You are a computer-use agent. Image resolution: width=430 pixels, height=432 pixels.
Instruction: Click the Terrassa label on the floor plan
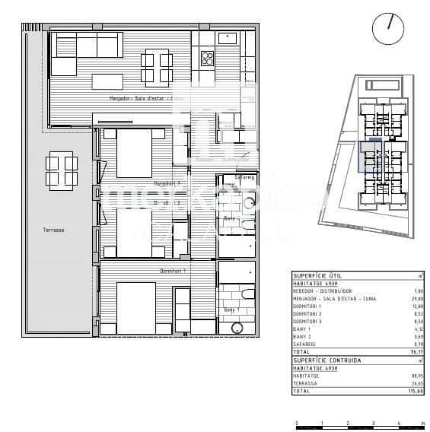tap(54, 228)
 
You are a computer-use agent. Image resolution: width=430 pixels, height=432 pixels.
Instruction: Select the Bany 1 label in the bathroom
tap(231, 310)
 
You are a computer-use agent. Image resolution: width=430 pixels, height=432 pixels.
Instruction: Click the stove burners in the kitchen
tap(207, 58)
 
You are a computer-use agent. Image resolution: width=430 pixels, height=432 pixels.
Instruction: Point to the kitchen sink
tap(228, 37)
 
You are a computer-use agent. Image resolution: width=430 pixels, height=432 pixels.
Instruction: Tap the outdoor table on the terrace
tap(62, 170)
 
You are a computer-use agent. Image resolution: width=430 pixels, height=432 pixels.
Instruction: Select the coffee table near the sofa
tap(107, 80)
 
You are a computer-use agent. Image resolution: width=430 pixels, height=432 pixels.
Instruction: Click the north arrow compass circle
tap(388, 28)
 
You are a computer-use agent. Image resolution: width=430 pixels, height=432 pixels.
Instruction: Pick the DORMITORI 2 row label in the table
tap(307, 313)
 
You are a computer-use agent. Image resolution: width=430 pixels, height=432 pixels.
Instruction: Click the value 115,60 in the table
tap(416, 390)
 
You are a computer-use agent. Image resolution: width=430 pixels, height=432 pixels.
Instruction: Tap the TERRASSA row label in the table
tap(305, 383)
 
